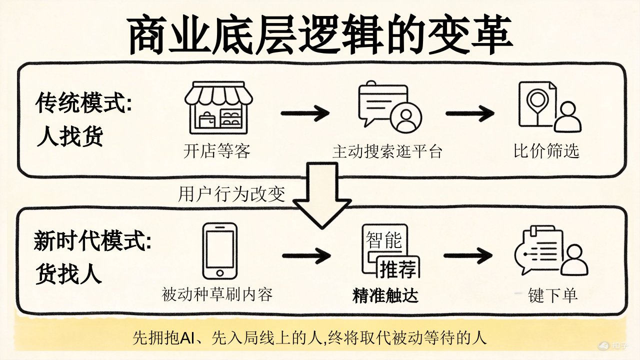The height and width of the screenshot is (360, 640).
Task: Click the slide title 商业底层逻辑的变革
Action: [320, 36]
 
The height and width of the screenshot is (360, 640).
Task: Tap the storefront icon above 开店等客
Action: [218, 111]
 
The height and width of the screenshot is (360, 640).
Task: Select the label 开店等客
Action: [216, 151]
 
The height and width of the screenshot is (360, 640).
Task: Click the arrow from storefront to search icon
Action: [305, 113]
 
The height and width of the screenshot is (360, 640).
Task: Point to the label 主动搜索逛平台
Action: [387, 151]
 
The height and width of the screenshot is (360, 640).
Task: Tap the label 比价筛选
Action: [546, 151]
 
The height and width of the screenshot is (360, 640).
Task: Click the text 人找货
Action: [70, 136]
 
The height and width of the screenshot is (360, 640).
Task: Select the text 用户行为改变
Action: [231, 193]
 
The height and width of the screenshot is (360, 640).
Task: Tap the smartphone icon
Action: [220, 251]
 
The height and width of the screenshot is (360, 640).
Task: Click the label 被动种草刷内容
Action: [217, 294]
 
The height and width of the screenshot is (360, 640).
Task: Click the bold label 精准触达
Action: [385, 295]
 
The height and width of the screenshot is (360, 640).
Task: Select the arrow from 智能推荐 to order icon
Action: [468, 256]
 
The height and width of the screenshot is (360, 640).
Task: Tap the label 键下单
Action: [552, 295]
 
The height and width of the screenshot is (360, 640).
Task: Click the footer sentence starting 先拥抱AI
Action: [309, 338]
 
